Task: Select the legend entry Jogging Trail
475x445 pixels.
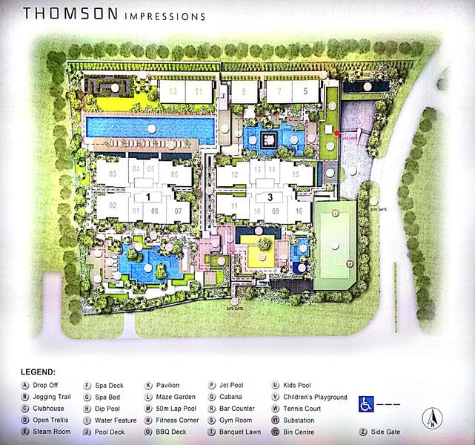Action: coord(53,398)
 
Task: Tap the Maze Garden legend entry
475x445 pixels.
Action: coord(175,398)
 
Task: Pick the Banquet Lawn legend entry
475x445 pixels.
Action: coord(241,431)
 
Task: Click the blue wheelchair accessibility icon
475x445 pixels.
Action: coord(366,403)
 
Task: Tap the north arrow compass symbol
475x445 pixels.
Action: coord(432,420)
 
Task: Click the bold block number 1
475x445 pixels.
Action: coord(148,197)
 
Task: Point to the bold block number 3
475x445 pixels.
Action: coord(270,197)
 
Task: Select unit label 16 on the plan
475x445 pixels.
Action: coord(299,211)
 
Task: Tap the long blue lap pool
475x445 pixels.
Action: coord(148,128)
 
